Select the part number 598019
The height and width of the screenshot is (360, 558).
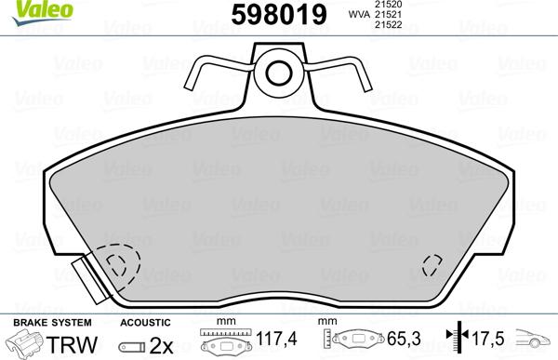pyautogui.click(x=277, y=16)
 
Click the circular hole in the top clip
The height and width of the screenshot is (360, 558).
pyautogui.click(x=278, y=71)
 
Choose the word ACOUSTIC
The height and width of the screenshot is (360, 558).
pyautogui.click(x=146, y=323)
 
